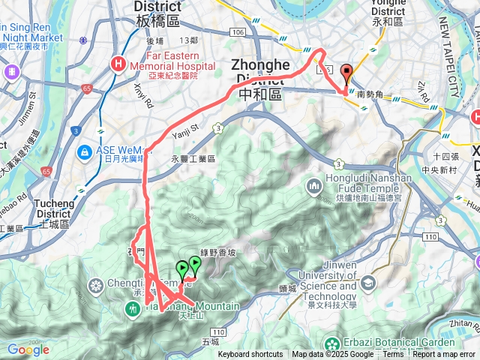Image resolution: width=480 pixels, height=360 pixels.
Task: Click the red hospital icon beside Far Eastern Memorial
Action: click(x=118, y=64)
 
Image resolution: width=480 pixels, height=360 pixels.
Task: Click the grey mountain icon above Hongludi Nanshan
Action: click(x=313, y=185)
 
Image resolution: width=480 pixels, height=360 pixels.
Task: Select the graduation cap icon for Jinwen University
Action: click(x=368, y=283)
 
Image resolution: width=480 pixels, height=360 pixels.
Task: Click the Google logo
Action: click(x=28, y=349)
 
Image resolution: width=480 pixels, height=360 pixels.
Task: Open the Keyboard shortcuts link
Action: click(x=250, y=355)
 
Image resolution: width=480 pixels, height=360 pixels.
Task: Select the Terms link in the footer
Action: click(x=393, y=355)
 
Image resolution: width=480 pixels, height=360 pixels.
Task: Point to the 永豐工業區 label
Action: click(x=193, y=159)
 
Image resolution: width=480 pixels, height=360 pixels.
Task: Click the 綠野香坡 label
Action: click(x=217, y=253)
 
